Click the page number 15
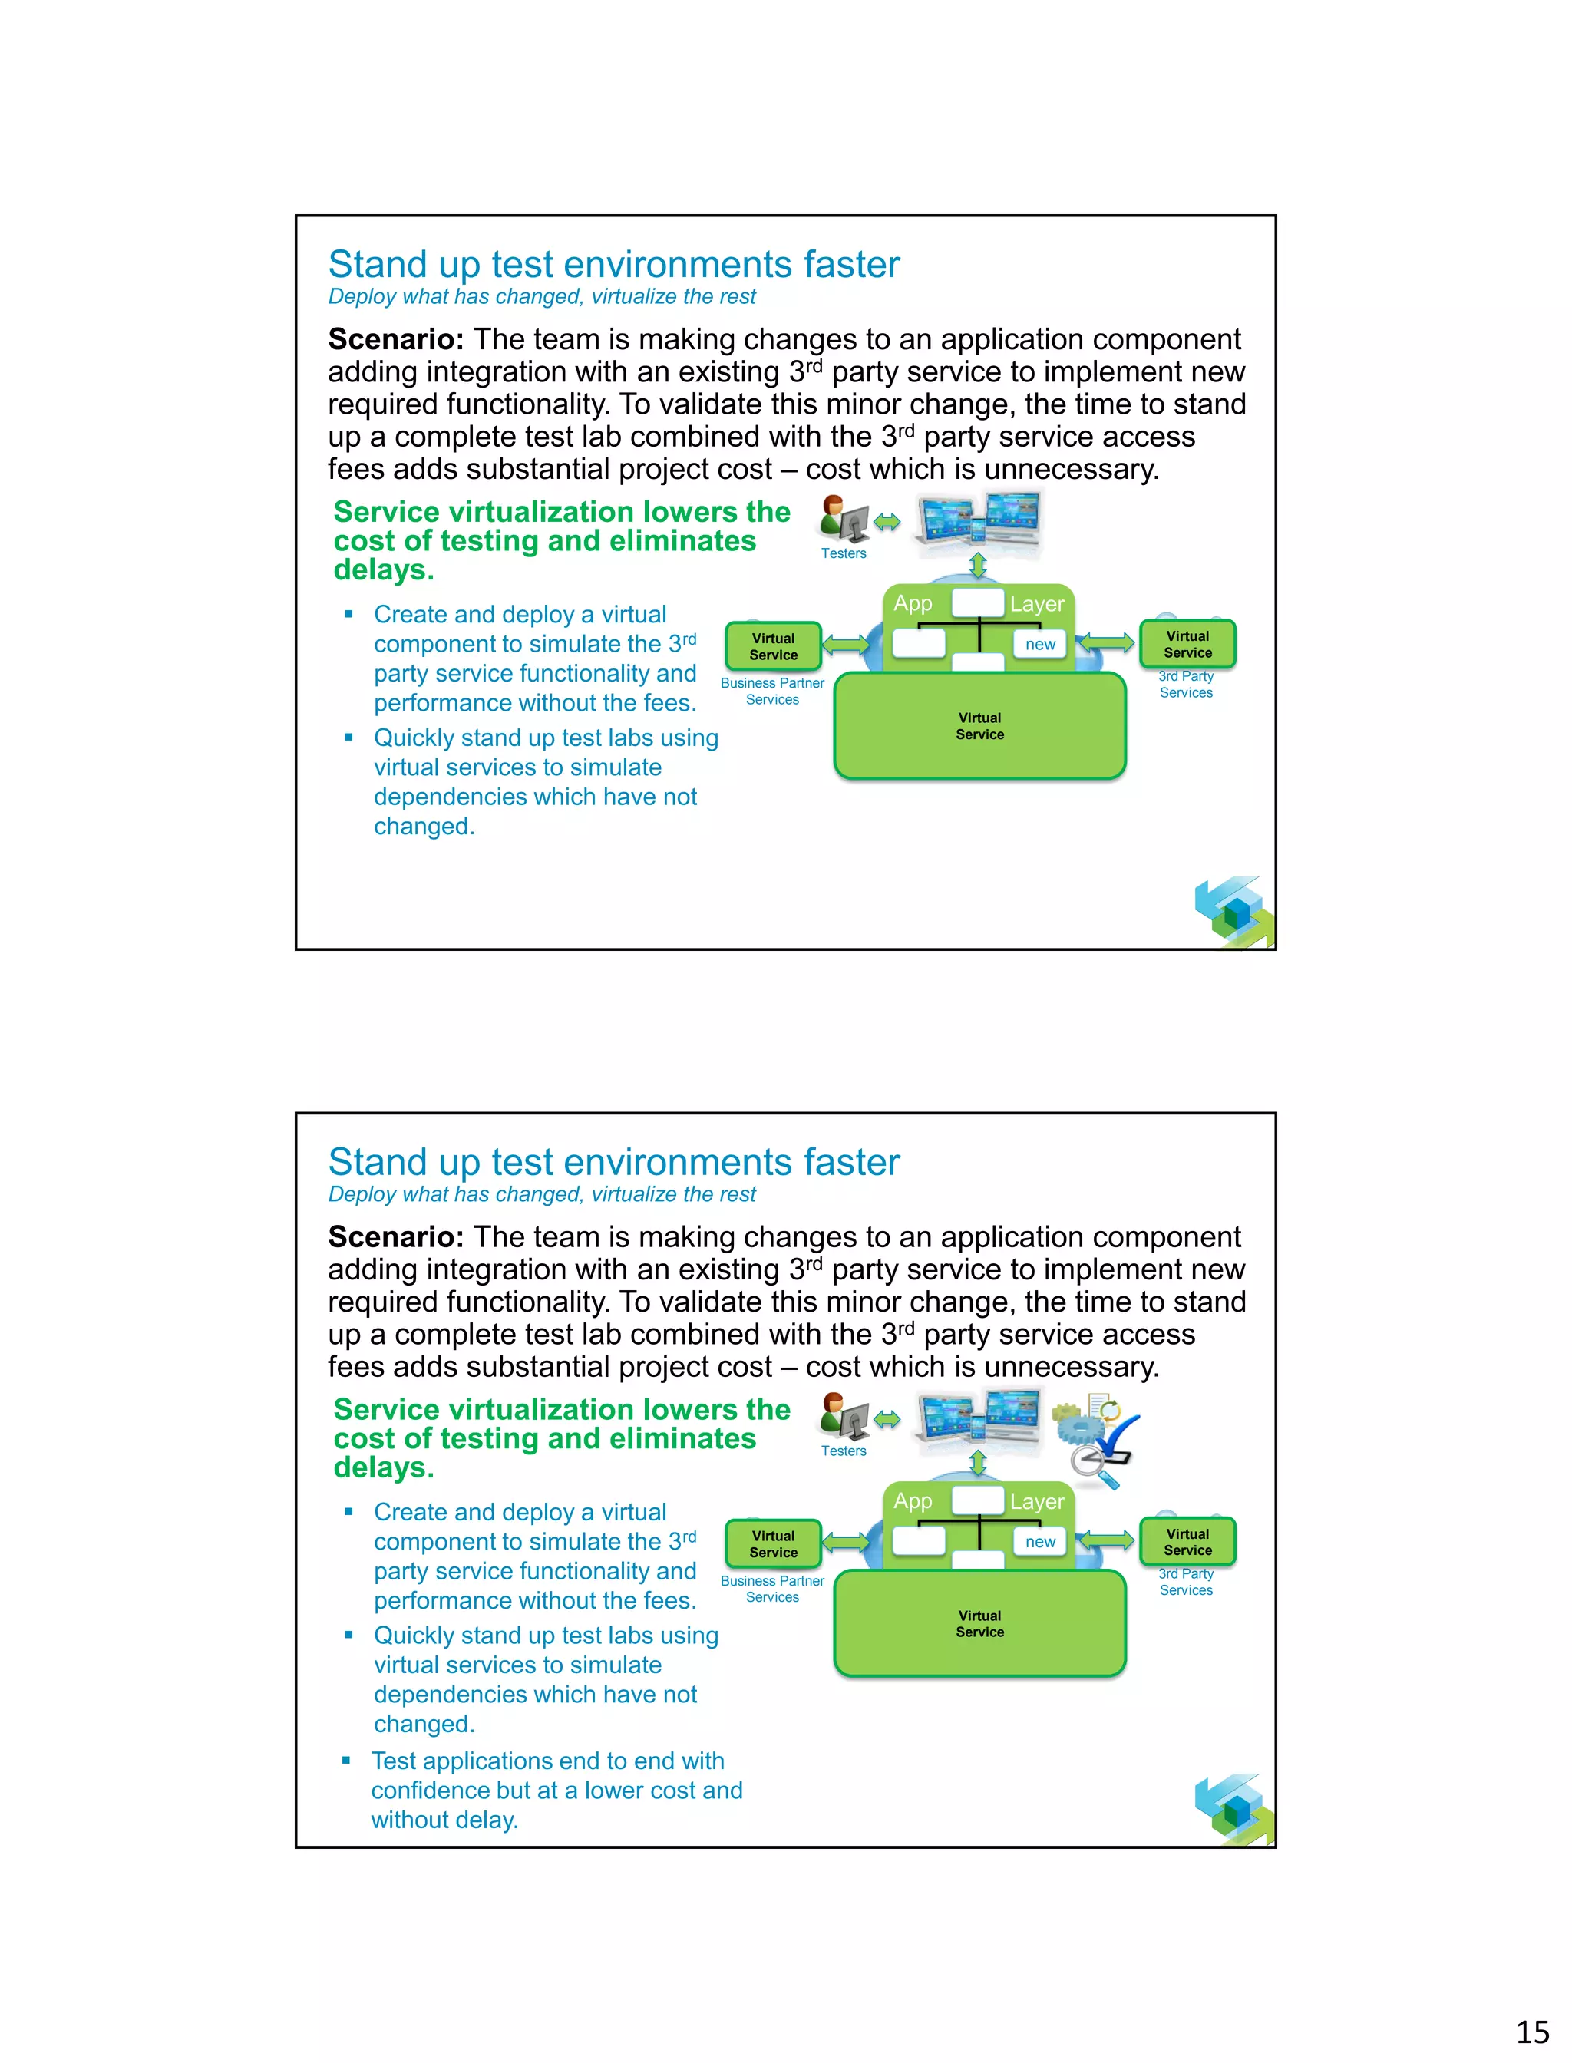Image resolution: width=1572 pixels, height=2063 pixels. (x=1533, y=2032)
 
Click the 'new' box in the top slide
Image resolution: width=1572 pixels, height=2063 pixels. (x=1039, y=644)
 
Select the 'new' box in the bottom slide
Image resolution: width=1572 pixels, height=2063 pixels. (x=1039, y=1541)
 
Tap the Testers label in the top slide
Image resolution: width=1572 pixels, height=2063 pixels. (x=843, y=553)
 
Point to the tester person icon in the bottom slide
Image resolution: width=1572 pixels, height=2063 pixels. (x=842, y=1414)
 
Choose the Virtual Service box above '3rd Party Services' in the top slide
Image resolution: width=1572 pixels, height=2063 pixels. (x=1187, y=644)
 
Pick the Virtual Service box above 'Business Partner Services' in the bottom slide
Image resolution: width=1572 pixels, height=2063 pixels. (x=773, y=1543)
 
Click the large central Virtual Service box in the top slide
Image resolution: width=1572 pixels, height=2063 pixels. (x=979, y=726)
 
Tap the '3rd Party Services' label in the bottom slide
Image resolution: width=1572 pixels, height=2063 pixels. (x=1186, y=1581)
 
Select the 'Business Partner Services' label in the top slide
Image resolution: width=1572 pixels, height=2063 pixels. (x=772, y=692)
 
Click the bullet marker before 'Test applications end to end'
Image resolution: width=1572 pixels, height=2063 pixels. (x=346, y=1760)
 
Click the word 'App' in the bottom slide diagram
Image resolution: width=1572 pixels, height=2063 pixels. (x=913, y=1500)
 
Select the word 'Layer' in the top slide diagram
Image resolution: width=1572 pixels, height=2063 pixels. (x=1037, y=603)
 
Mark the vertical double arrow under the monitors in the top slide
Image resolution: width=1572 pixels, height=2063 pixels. (x=978, y=565)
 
